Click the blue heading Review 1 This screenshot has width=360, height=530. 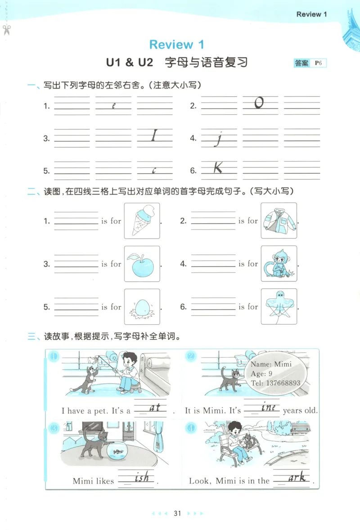(x=176, y=45)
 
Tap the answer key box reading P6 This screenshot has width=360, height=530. (x=310, y=63)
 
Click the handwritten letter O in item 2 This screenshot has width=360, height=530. (x=259, y=103)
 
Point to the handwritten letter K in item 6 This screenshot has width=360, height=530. (x=218, y=168)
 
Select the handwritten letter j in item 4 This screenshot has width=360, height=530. (x=219, y=139)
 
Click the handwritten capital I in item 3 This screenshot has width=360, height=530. (x=154, y=136)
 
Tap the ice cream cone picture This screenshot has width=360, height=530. (x=142, y=220)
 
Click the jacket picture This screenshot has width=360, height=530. (x=279, y=220)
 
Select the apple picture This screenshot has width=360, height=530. (x=142, y=264)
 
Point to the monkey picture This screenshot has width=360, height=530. (x=279, y=264)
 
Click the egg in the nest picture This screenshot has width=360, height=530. (x=142, y=307)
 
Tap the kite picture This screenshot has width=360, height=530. (x=279, y=307)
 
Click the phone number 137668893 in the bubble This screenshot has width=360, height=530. (x=275, y=383)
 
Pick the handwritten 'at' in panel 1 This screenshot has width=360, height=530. (x=154, y=408)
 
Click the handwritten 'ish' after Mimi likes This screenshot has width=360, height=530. (x=142, y=478)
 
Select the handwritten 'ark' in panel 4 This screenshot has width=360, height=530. (x=297, y=478)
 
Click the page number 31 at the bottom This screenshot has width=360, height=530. (x=177, y=513)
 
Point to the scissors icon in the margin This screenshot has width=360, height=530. (x=6, y=30)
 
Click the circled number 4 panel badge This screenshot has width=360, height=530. (x=191, y=428)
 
